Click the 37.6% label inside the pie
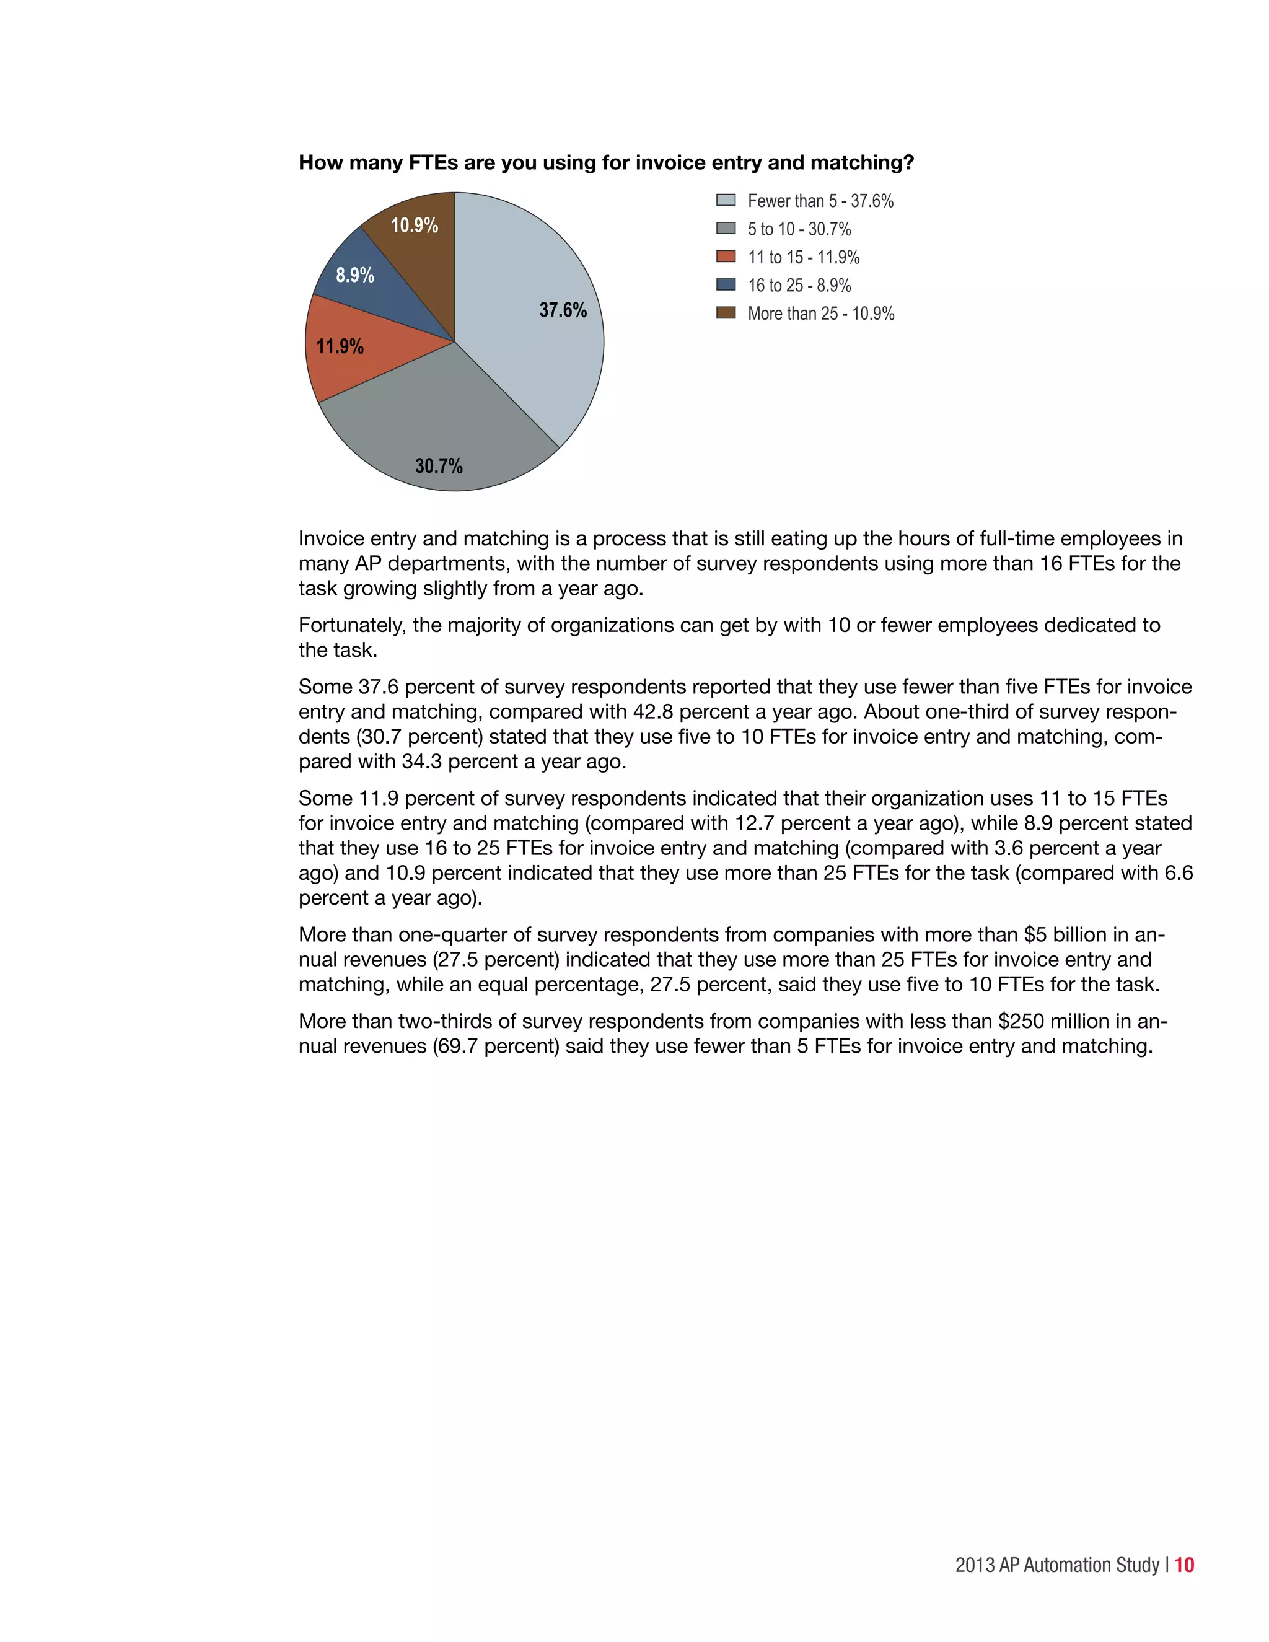pos(563,310)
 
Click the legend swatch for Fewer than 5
pos(726,200)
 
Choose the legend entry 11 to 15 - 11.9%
pos(803,257)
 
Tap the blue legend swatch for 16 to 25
pos(726,285)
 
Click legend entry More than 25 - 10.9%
pos(820,314)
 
